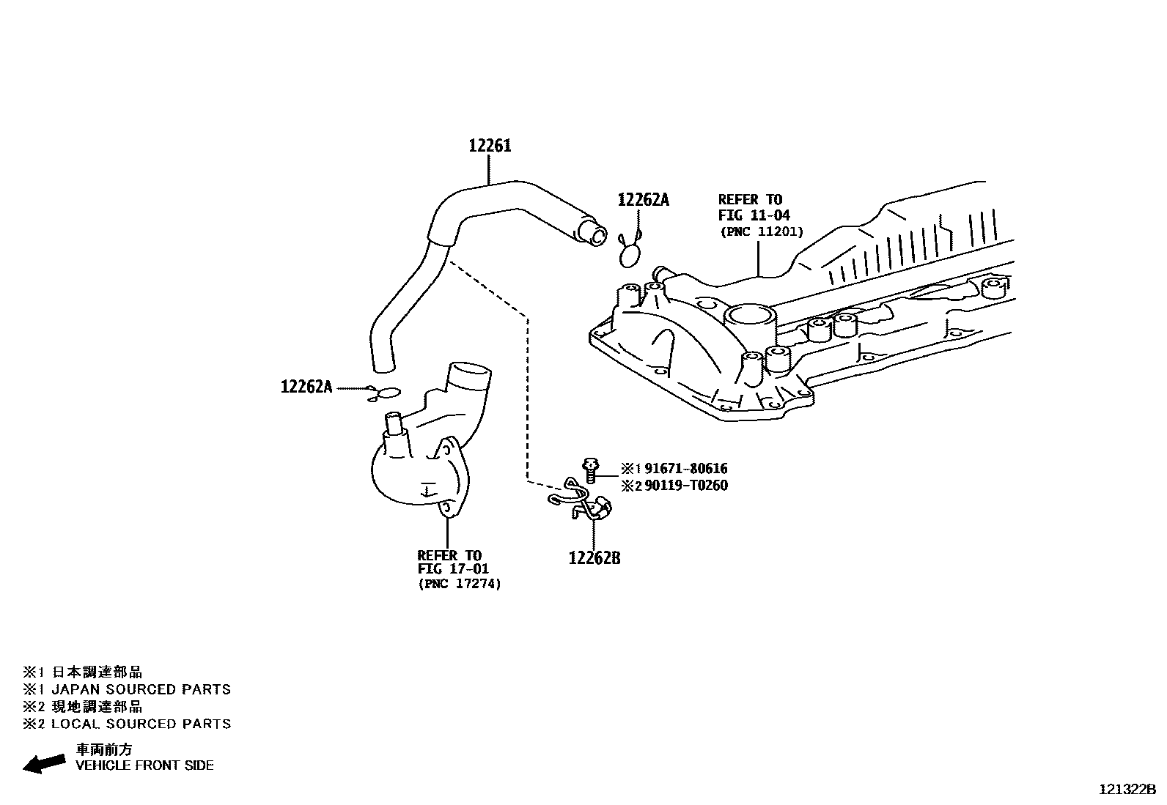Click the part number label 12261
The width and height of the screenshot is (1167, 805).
tap(490, 146)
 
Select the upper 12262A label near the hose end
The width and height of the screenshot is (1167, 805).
tap(643, 200)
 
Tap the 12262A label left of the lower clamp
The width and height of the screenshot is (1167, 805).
tap(306, 387)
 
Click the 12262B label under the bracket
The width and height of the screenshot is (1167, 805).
tap(594, 558)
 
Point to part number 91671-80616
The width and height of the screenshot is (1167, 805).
tap(685, 469)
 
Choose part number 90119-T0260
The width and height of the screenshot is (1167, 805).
tap(685, 486)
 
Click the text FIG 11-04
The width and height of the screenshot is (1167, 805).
tap(754, 215)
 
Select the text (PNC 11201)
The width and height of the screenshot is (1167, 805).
tap(761, 231)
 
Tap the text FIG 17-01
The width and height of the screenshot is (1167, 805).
tap(453, 569)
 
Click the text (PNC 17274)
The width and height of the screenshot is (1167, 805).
tap(460, 585)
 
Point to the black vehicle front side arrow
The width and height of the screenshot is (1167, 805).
tap(44, 763)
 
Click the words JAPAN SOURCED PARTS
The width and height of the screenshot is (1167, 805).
tap(141, 689)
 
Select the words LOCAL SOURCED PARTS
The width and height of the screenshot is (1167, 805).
tap(141, 724)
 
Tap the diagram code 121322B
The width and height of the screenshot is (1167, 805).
tap(1127, 789)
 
